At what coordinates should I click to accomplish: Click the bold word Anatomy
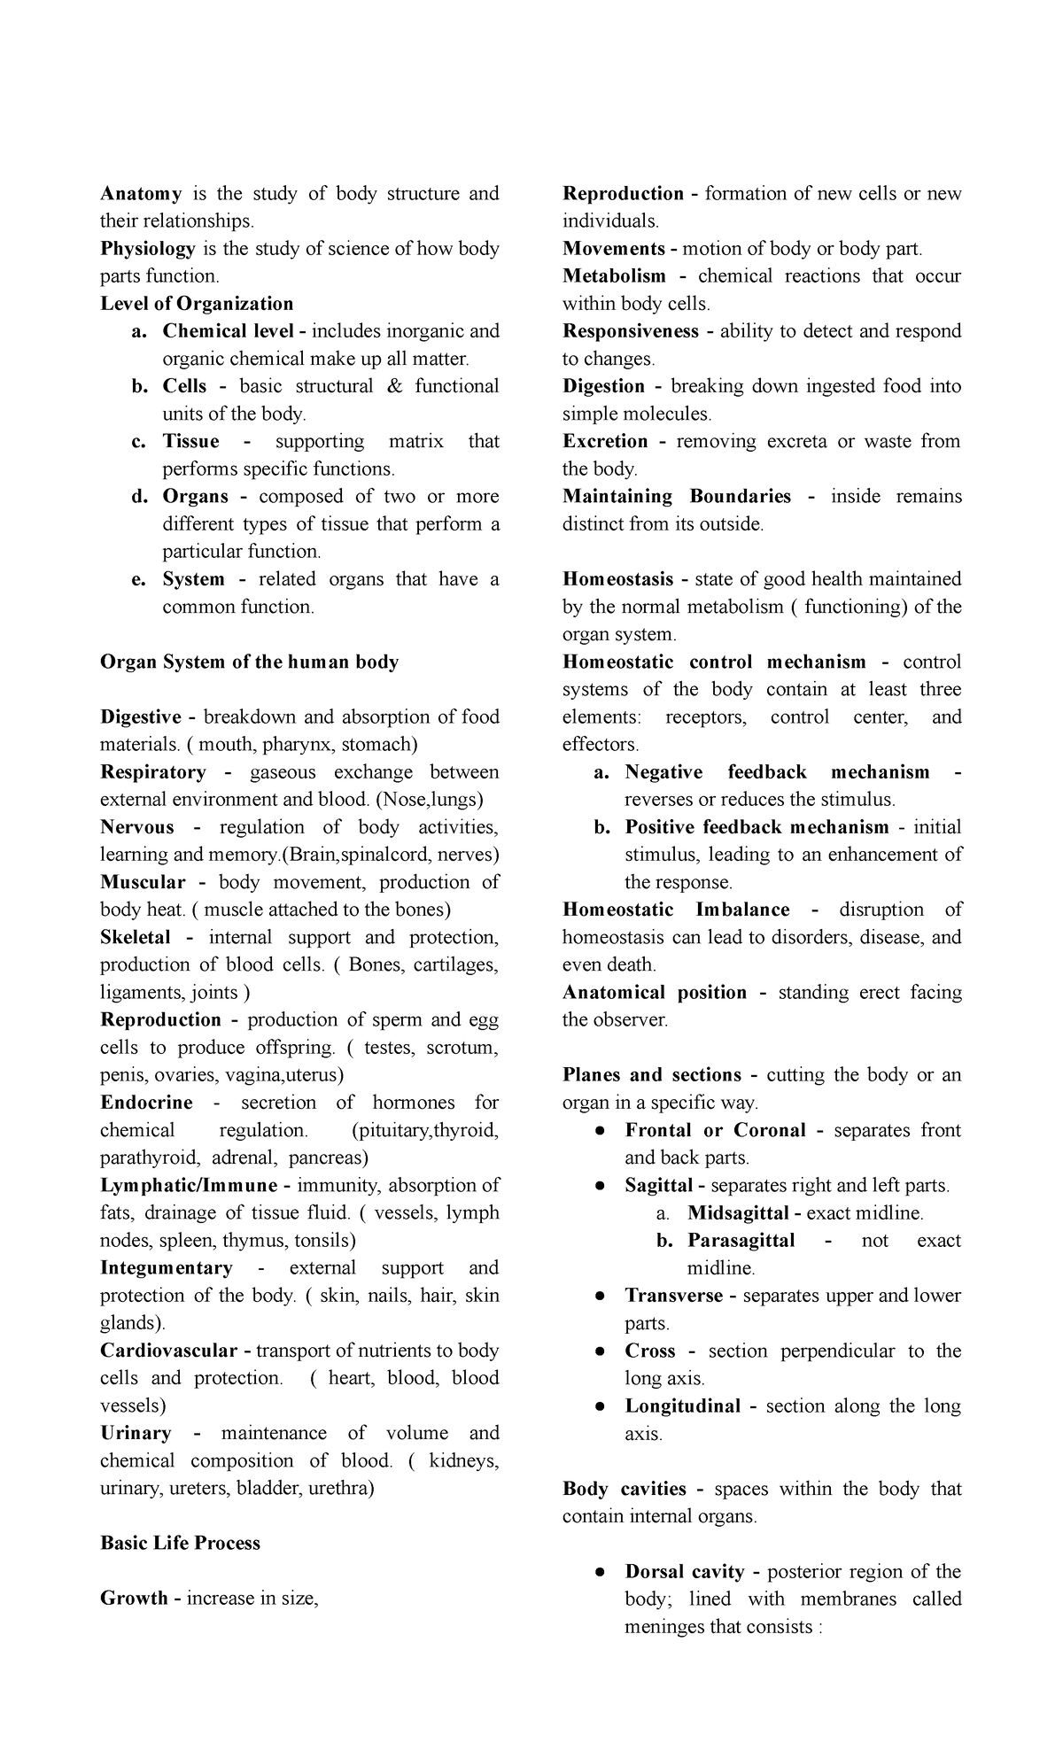pos(141,193)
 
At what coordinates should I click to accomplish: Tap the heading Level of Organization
pos(197,303)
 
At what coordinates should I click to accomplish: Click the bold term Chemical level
pos(231,330)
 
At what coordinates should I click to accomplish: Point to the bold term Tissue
pos(190,441)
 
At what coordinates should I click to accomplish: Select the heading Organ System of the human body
pos(250,662)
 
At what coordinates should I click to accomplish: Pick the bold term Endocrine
pos(146,1102)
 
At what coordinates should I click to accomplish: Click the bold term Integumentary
pos(167,1267)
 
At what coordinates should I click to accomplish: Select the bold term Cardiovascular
pos(169,1351)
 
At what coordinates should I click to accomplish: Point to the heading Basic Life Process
pos(181,1542)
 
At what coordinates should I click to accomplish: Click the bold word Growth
pos(135,1598)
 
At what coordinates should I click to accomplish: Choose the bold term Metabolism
pos(614,275)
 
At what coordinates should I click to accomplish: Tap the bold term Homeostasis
pos(618,579)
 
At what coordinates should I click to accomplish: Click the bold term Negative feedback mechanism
pos(777,771)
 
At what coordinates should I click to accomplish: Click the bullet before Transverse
pos(600,1296)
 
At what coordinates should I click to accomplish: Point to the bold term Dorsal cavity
pos(684,1571)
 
